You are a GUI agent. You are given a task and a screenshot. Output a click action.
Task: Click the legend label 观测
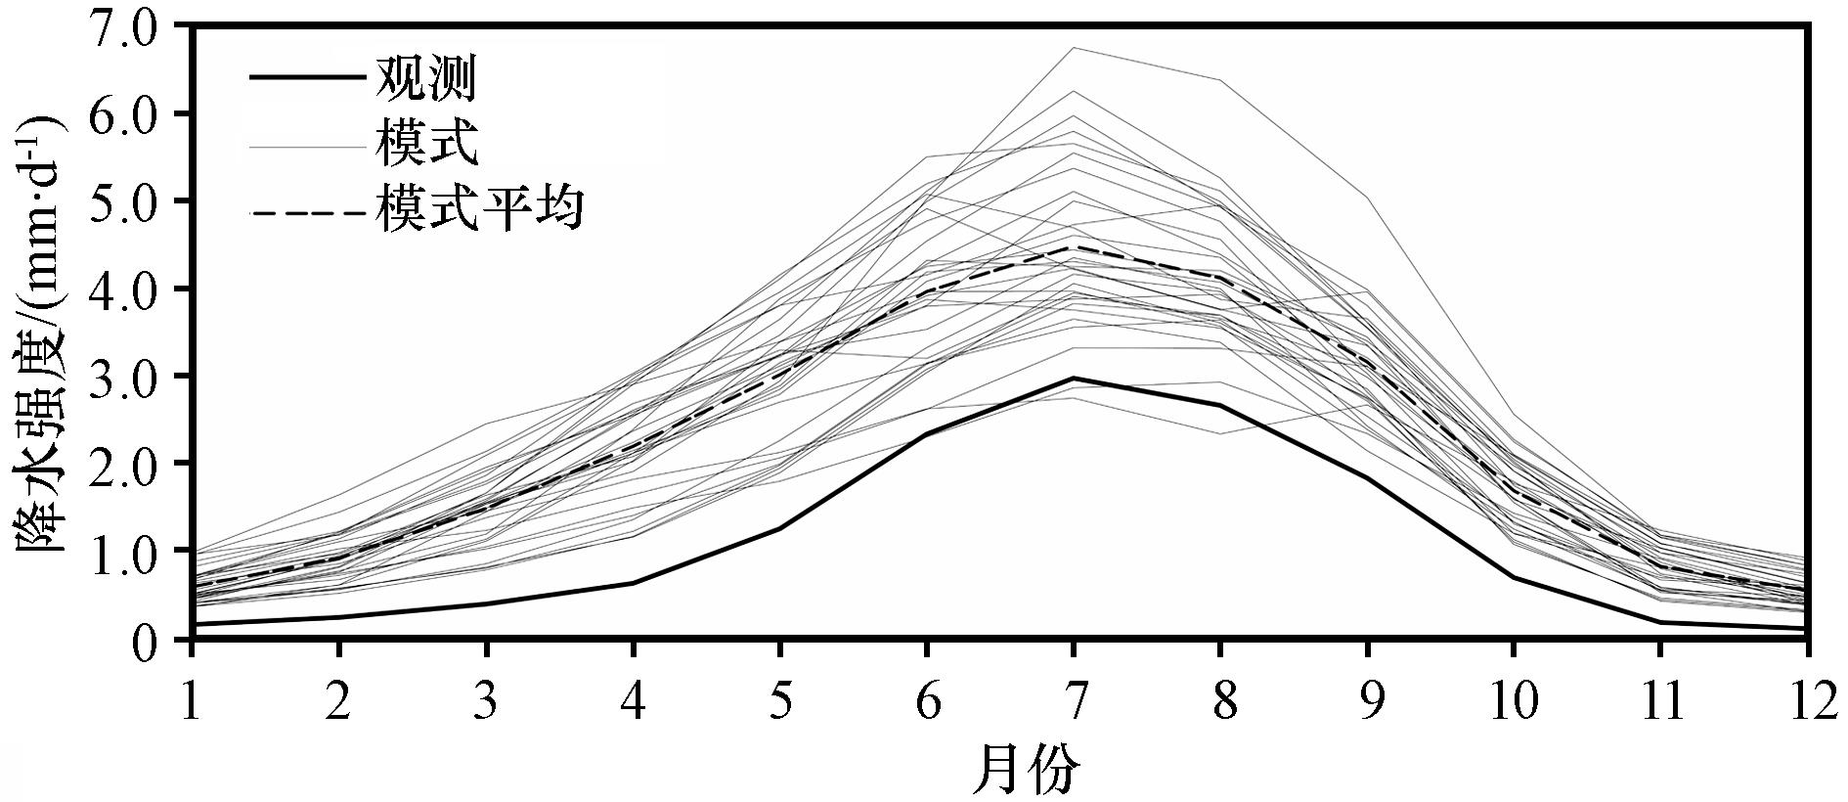425,80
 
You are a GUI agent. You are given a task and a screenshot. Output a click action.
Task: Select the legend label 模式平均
479,208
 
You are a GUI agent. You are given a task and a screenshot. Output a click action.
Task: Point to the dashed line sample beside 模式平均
309,210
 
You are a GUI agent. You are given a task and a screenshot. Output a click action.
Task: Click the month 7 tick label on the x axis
1074,700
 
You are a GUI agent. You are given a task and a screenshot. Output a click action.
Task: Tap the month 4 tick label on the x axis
634,700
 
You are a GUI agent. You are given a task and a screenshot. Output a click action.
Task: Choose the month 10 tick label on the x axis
1514,700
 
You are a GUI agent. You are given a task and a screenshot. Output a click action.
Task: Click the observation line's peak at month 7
1074,378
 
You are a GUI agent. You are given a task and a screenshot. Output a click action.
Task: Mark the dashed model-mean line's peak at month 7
1074,246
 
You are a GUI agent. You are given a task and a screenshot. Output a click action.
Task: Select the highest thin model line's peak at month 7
1074,47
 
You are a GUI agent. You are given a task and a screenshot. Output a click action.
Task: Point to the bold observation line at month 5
780,528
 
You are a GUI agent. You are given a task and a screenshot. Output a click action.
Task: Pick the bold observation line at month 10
1514,577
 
